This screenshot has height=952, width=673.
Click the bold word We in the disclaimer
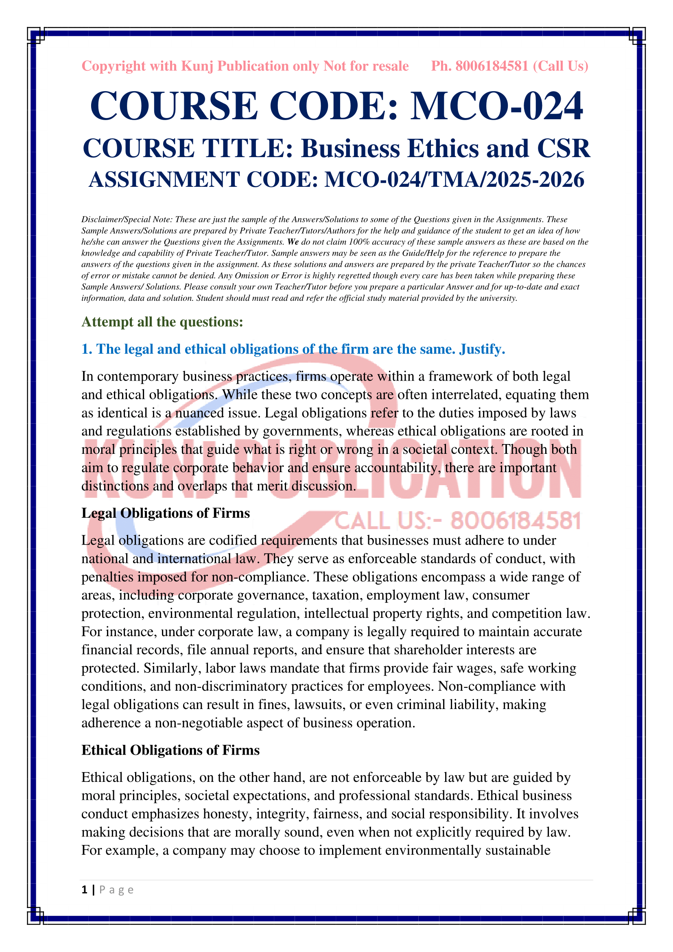pyautogui.click(x=293, y=242)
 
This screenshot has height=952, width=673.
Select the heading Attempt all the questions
pyautogui.click(x=162, y=322)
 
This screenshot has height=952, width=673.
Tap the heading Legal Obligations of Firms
pyautogui.click(x=165, y=513)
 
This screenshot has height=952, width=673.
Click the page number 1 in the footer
pyautogui.click(x=85, y=889)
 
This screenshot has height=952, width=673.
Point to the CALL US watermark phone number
pyautogui.click(x=516, y=521)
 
